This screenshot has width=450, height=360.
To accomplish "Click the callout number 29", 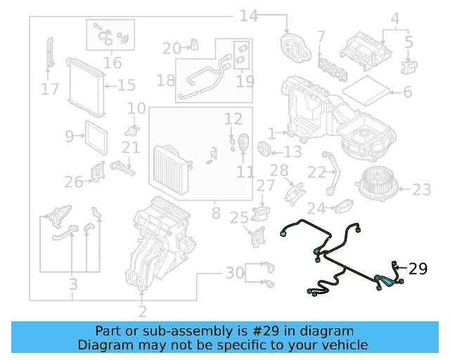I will coord(418,269).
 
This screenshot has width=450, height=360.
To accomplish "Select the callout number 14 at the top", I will coord(249,15).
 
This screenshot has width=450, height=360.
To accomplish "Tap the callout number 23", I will coord(422,189).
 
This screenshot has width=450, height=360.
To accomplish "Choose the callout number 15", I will coord(126,86).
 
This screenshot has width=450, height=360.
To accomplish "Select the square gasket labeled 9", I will coord(94,135).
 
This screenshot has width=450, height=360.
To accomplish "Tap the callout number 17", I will coord(50,89).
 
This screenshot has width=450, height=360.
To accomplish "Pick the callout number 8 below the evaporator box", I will coord(216,211).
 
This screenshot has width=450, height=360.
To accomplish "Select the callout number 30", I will coord(234,272).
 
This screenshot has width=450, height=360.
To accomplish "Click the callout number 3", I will coord(72,285).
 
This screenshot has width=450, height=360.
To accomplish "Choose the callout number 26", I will coord(74,183).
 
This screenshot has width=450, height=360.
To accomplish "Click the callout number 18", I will coord(166,80).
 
